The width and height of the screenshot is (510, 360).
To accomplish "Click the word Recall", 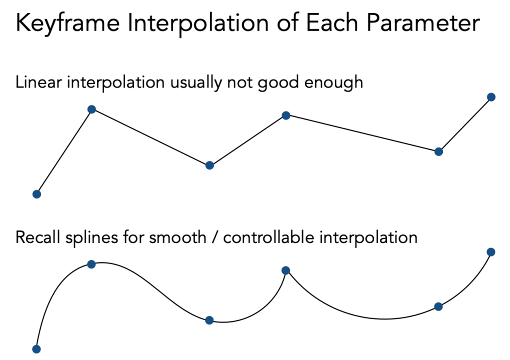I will (x=36, y=236).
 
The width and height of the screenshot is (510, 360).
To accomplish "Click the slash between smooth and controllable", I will (x=215, y=237).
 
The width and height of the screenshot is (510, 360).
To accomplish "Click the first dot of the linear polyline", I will (x=36, y=194).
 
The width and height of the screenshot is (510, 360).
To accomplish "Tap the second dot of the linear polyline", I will (x=91, y=109).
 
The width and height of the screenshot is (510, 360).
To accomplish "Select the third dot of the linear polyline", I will (x=209, y=165).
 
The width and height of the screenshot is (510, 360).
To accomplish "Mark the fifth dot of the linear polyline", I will (x=438, y=151).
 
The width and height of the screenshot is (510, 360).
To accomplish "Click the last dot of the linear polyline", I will (x=491, y=97).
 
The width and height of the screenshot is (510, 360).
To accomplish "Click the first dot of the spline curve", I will (x=36, y=349).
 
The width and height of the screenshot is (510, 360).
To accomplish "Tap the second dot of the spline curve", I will (x=91, y=264).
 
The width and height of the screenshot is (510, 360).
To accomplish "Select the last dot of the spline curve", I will (x=491, y=252).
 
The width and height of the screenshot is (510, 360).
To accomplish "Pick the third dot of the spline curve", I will (x=209, y=320).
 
